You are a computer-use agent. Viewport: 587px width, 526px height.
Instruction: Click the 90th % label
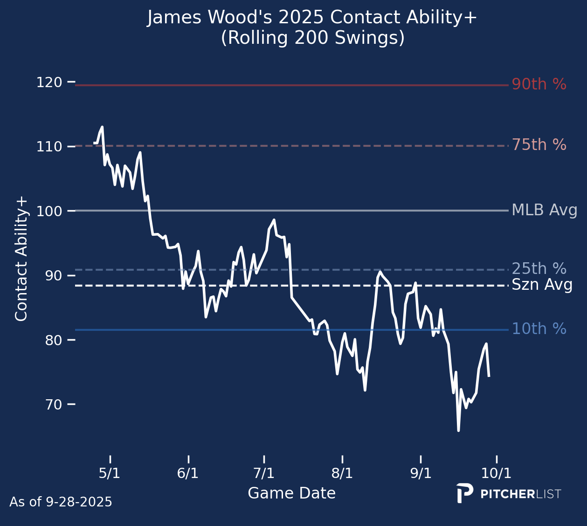(539, 84)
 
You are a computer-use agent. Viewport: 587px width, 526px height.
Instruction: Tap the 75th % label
(539, 145)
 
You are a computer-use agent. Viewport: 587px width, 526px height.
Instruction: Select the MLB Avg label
(544, 210)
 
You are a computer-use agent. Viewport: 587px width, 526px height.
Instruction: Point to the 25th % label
(539, 269)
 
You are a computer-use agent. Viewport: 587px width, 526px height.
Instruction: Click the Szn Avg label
(542, 285)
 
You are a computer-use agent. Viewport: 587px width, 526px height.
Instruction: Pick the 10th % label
(539, 329)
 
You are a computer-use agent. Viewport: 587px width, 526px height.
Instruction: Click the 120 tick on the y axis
(49, 82)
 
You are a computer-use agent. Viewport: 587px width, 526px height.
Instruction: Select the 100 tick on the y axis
(49, 211)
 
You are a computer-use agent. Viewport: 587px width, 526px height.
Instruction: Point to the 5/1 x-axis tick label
(110, 473)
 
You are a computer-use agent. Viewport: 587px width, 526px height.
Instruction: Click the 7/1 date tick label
(264, 473)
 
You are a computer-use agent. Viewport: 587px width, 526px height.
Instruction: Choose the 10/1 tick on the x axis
(496, 473)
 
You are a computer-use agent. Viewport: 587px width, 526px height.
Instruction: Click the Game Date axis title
(291, 493)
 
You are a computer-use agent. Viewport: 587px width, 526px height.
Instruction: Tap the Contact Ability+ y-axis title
(22, 259)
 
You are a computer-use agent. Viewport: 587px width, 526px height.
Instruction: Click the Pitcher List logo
(509, 494)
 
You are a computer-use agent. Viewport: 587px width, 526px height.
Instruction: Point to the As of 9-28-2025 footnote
(61, 502)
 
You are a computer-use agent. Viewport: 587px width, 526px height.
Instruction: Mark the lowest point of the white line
(458, 430)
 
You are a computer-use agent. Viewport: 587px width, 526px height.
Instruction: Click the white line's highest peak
(102, 127)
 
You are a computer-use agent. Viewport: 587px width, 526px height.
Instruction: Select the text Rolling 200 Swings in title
(312, 38)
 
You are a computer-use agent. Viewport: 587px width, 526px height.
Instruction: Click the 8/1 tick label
(342, 473)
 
